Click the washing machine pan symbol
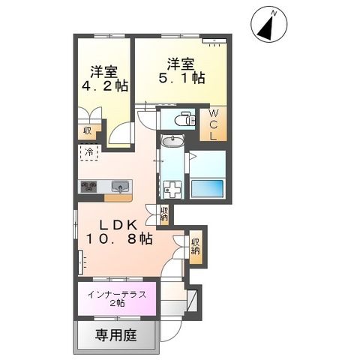[x=173, y=188]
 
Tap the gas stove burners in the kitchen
[x=88, y=187]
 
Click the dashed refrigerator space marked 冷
[x=88, y=153]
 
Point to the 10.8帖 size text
[x=118, y=240]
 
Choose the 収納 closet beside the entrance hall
[x=196, y=245]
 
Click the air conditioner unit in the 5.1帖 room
[x=214, y=39]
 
